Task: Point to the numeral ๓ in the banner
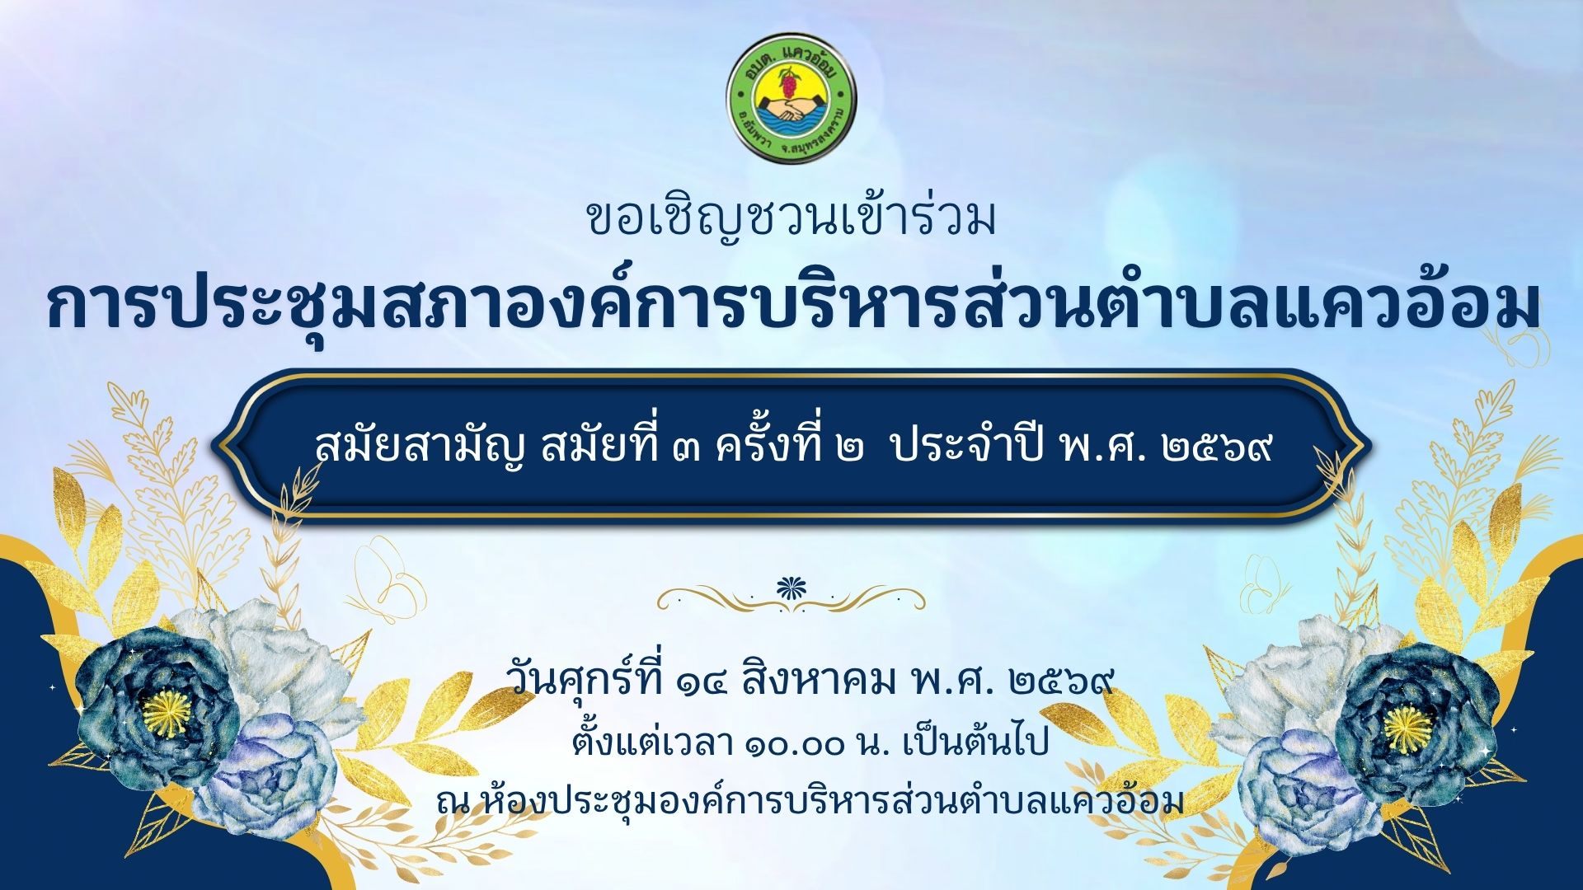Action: pos(684,449)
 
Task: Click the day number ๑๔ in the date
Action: pos(701,683)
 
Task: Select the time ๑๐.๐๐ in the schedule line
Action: pos(795,745)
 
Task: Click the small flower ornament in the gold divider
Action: pos(791,588)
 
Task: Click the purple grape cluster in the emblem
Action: pos(790,83)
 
